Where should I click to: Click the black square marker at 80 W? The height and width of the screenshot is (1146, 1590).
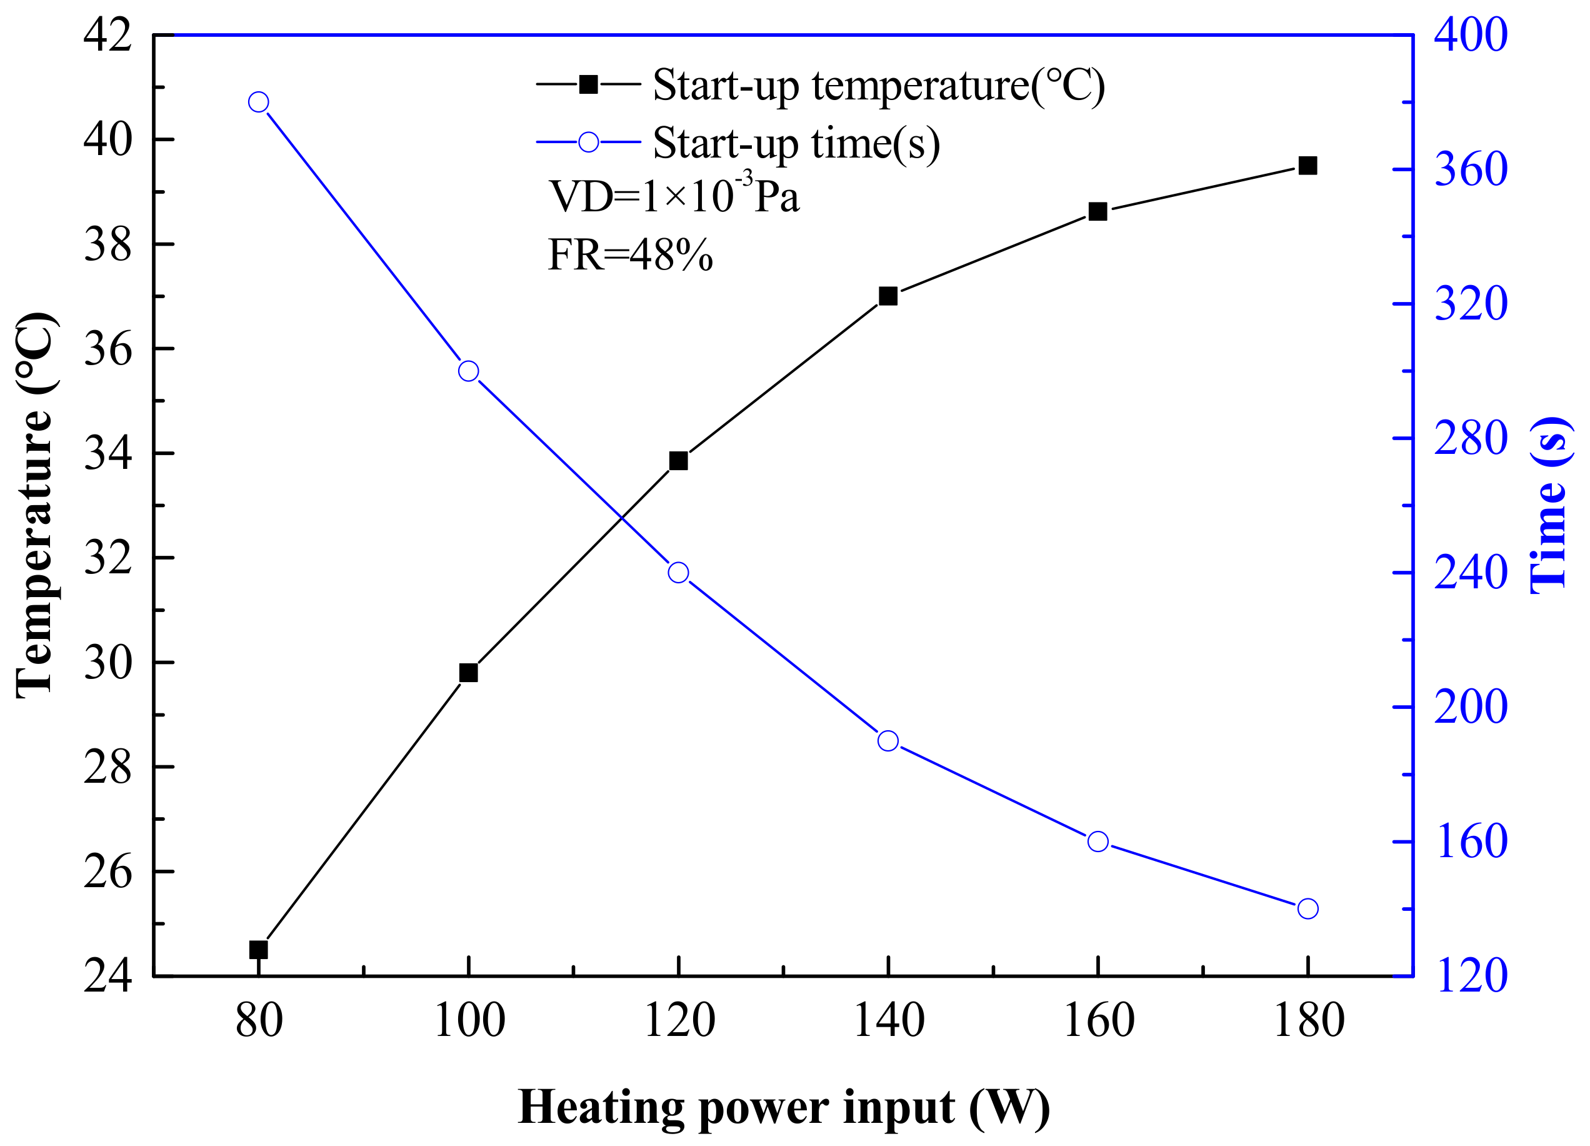pyautogui.click(x=259, y=950)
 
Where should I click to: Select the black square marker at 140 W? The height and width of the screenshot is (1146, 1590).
pyautogui.click(x=888, y=296)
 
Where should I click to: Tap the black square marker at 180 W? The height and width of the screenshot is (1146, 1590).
pyautogui.click(x=1307, y=166)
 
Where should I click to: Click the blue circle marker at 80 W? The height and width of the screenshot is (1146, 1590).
pyautogui.click(x=259, y=103)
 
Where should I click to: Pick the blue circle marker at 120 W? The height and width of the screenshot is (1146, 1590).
pyautogui.click(x=678, y=572)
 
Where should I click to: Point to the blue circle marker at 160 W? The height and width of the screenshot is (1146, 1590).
pyautogui.click(x=1098, y=841)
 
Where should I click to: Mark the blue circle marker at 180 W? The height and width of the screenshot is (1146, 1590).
pyautogui.click(x=1307, y=908)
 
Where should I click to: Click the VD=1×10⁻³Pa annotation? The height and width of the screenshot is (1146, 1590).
pyautogui.click(x=673, y=196)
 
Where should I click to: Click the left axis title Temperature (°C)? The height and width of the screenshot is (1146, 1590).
pyautogui.click(x=35, y=505)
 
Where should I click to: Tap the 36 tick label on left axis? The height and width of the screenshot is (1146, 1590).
pyautogui.click(x=107, y=349)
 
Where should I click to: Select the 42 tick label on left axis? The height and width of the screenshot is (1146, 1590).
pyautogui.click(x=107, y=35)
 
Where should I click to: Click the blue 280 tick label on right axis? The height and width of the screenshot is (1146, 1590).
pyautogui.click(x=1470, y=438)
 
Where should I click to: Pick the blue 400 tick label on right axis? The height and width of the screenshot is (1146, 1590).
pyautogui.click(x=1470, y=35)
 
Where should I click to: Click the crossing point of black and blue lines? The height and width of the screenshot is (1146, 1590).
pyautogui.click(x=622, y=518)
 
